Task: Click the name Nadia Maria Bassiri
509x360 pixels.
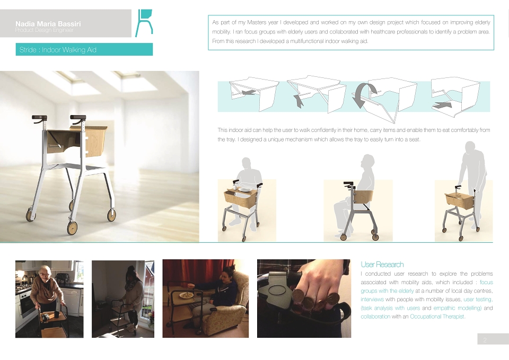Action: [48, 24]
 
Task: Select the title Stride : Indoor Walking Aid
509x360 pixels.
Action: [58, 50]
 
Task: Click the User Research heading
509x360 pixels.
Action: [382, 264]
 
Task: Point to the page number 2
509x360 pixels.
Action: [485, 340]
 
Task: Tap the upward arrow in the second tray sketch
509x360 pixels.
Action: [299, 101]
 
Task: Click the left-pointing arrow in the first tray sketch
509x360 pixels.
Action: [249, 92]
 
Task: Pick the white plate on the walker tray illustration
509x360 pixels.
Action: [244, 190]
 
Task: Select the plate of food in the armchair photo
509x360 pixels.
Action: [187, 295]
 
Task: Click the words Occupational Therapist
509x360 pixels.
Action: [437, 317]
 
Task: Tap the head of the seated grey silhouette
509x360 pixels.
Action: [367, 161]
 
